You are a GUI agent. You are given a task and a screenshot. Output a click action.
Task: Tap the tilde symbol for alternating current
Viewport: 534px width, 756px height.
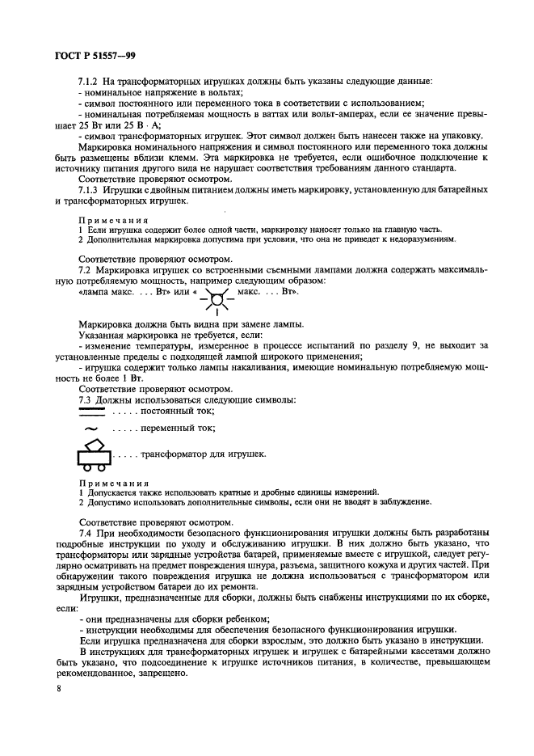(x=90, y=429)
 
